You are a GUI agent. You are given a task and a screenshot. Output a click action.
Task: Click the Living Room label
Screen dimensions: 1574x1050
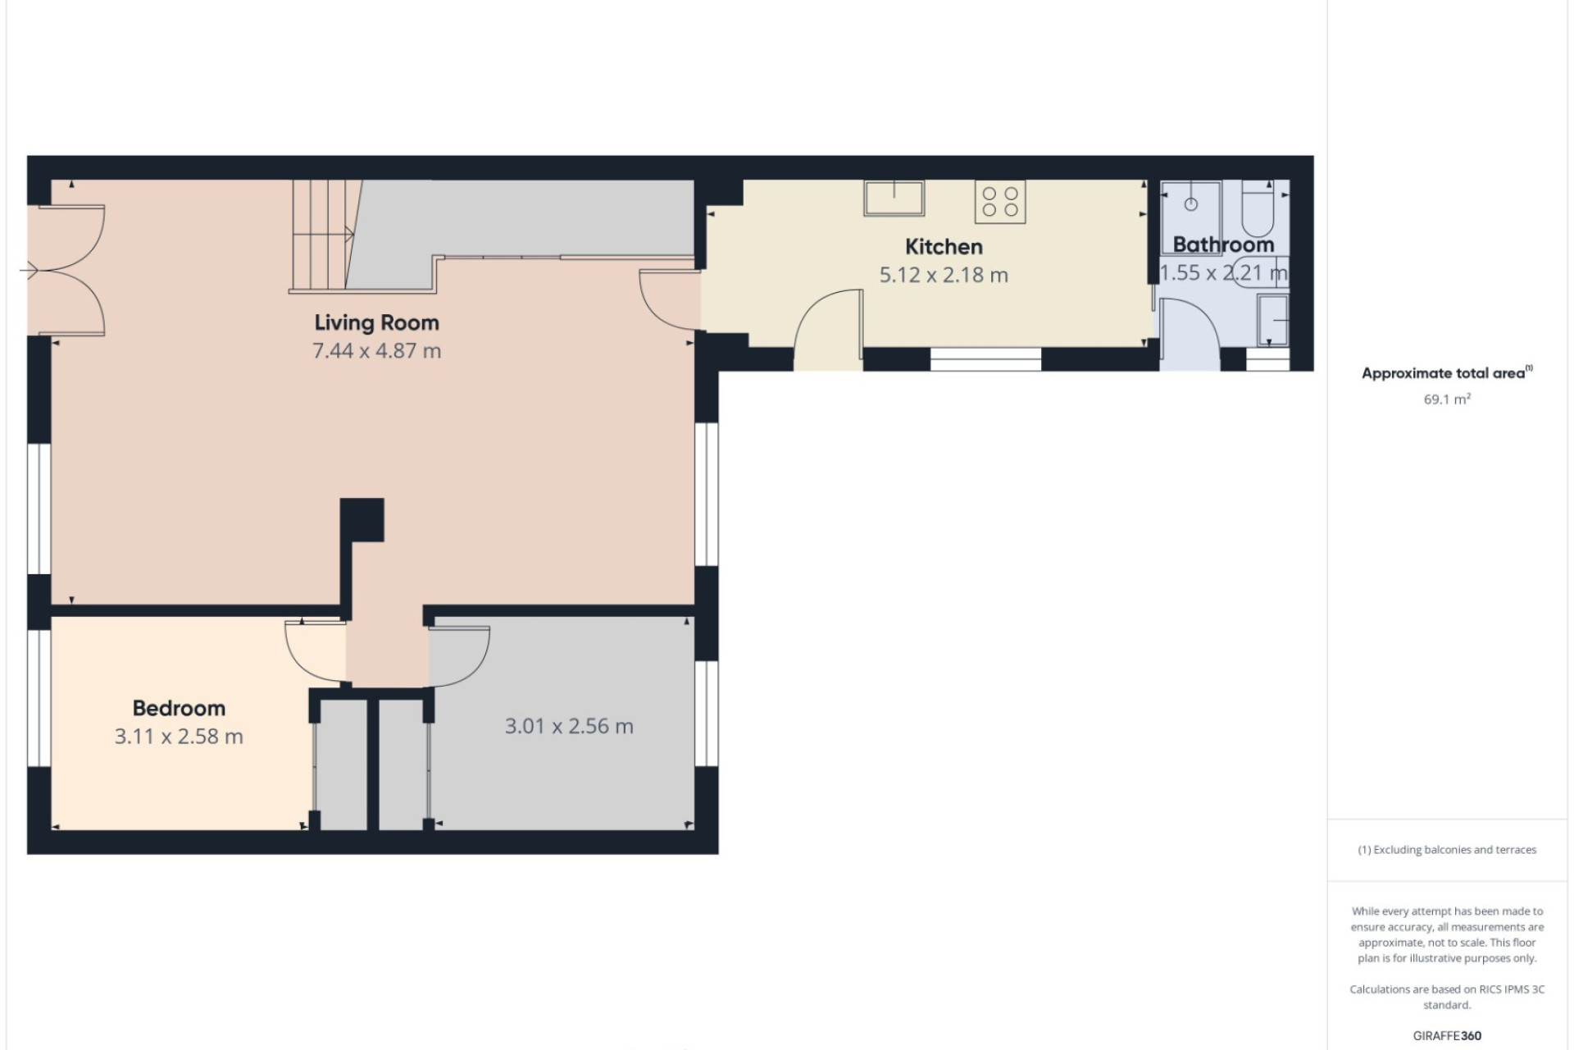(376, 323)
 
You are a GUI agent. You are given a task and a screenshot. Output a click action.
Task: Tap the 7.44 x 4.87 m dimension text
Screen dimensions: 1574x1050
(376, 351)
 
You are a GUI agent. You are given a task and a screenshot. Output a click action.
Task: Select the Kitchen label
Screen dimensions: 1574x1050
(944, 247)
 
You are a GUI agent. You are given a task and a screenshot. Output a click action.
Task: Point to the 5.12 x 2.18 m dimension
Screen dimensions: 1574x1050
(944, 275)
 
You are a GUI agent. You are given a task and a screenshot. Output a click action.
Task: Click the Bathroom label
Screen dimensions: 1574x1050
(1223, 244)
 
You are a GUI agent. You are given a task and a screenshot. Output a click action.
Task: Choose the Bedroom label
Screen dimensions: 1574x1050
(179, 708)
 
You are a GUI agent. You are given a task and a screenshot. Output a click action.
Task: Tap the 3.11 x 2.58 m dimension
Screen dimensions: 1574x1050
(179, 737)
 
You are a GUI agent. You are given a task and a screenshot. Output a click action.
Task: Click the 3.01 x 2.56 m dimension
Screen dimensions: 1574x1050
(569, 726)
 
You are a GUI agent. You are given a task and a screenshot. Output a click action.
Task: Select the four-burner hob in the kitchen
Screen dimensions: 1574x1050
(1000, 202)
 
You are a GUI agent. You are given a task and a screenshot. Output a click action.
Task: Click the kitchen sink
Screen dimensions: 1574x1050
(894, 198)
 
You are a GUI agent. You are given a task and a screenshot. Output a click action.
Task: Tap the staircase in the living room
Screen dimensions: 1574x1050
(325, 236)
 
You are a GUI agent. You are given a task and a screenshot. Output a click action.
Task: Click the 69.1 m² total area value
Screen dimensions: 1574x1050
(1447, 399)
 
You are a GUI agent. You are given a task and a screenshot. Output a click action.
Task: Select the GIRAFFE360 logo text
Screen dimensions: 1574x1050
(1447, 1036)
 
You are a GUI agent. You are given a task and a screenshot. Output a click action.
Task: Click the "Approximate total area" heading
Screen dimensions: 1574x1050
(1447, 373)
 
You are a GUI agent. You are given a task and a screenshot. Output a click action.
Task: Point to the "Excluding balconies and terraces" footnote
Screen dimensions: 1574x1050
(1447, 850)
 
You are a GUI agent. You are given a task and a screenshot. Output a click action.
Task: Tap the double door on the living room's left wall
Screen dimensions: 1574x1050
(66, 270)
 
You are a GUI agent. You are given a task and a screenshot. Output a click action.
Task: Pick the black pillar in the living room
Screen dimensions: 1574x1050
(362, 520)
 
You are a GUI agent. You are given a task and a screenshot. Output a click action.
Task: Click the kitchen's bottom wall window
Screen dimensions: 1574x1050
(985, 359)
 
